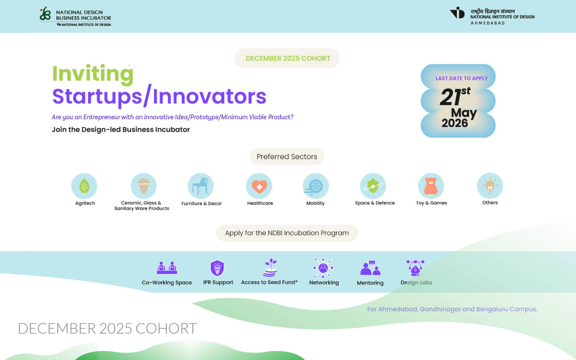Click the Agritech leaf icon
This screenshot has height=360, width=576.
click(84, 186)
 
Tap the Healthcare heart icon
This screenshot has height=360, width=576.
click(259, 186)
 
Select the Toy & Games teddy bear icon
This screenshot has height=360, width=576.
click(431, 186)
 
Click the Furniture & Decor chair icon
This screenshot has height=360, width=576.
click(200, 186)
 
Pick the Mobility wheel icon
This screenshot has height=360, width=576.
click(316, 186)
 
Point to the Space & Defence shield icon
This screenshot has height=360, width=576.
click(373, 186)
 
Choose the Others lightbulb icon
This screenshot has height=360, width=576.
click(490, 186)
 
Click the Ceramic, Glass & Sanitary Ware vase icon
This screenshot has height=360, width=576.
click(143, 186)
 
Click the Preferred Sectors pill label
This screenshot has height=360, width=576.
click(287, 156)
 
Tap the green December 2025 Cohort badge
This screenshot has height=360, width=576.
click(287, 58)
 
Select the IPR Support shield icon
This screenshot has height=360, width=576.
click(217, 268)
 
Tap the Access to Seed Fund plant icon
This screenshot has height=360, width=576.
click(270, 268)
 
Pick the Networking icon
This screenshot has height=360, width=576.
click(323, 268)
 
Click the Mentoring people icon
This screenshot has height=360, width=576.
click(370, 268)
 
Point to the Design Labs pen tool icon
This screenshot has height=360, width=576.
click(415, 268)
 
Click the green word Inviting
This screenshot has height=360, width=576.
click(93, 74)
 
